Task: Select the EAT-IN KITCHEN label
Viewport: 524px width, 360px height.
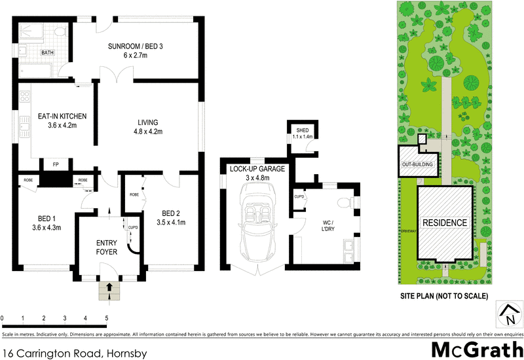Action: click(x=62, y=121)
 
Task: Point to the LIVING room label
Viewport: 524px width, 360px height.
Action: click(x=149, y=127)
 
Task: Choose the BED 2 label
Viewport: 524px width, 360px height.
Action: click(x=174, y=217)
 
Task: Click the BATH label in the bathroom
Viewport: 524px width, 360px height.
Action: click(x=48, y=52)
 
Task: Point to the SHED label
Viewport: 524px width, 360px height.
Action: click(x=301, y=134)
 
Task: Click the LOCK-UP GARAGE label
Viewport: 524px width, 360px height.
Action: click(x=257, y=173)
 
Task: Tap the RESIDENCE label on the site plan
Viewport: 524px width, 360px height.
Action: click(x=445, y=223)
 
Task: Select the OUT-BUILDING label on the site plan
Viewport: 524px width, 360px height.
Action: click(x=417, y=164)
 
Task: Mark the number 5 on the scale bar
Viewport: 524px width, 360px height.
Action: click(x=106, y=319)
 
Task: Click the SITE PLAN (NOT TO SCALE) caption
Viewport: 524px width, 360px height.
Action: click(x=445, y=297)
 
